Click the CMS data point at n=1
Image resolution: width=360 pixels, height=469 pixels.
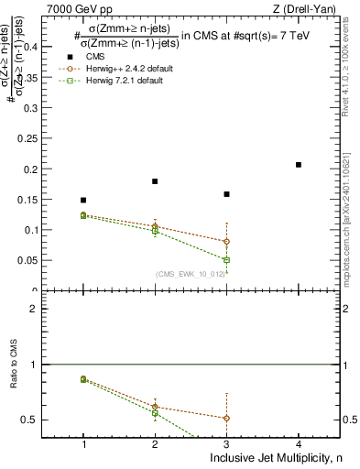tap(83, 200)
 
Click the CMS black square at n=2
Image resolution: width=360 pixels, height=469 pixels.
tap(155, 181)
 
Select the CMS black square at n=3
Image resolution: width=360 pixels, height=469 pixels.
tap(226, 194)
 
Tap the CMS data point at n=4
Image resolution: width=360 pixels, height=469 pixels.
tap(299, 165)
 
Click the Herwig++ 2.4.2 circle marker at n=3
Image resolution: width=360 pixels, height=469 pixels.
tap(226, 242)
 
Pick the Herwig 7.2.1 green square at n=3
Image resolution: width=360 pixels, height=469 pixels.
tap(226, 260)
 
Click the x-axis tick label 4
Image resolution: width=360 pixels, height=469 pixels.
tap(299, 444)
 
